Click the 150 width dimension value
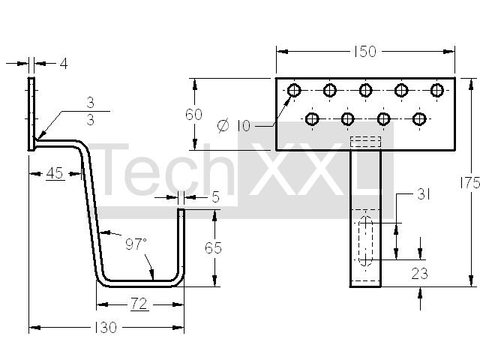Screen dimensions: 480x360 click(x=365, y=52)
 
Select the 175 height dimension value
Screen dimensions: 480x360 click(x=470, y=183)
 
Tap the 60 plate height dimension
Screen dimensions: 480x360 click(x=193, y=115)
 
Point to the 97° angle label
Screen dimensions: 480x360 click(x=136, y=244)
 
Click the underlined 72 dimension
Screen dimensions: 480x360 click(x=139, y=304)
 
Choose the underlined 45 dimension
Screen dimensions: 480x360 click(x=55, y=173)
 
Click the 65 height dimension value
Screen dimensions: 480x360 click(x=213, y=248)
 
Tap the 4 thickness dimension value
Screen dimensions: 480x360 click(x=64, y=64)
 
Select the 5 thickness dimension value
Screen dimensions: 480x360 click(x=216, y=197)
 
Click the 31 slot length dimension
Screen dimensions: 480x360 click(x=423, y=194)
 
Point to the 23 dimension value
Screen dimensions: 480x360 click(x=420, y=274)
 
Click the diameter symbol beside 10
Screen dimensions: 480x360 click(x=223, y=125)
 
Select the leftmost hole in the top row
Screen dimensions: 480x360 click(x=294, y=90)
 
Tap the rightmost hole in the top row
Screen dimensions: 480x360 click(x=437, y=90)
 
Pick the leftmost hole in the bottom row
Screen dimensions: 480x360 click(x=312, y=118)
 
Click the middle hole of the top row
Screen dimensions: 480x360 click(x=365, y=90)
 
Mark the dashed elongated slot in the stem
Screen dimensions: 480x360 click(x=365, y=241)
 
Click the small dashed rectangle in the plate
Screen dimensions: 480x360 click(x=365, y=142)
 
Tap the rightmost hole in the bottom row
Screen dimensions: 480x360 click(x=419, y=118)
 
